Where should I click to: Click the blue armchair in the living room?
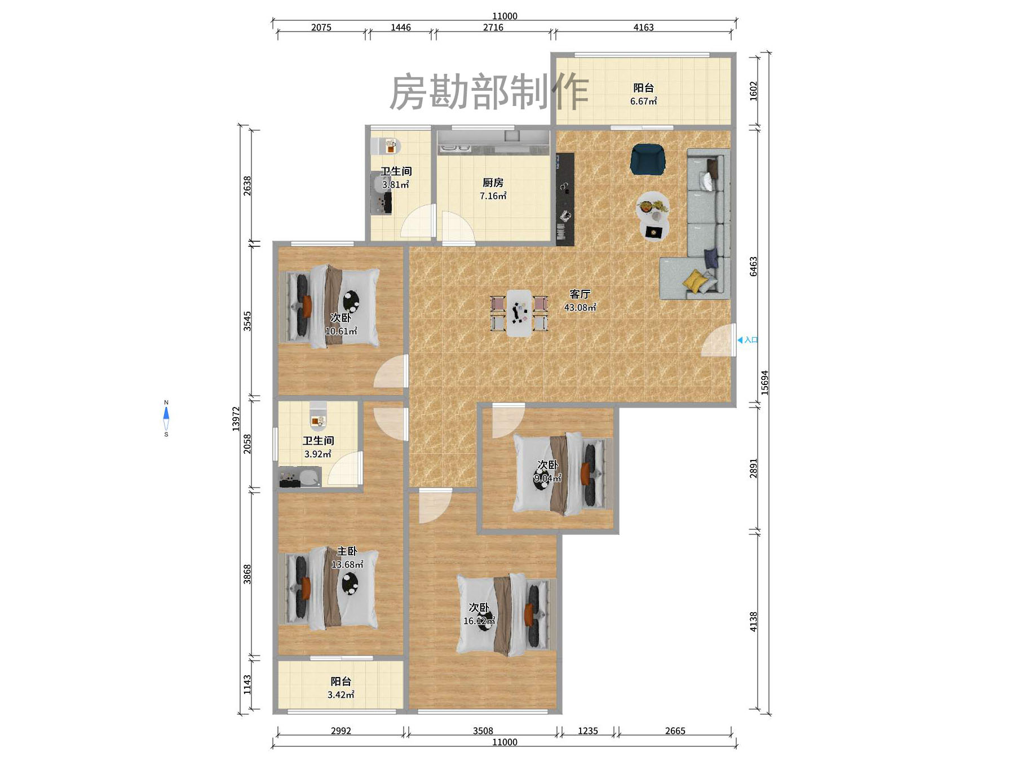pyautogui.click(x=648, y=159)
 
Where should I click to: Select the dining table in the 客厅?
pyautogui.click(x=519, y=313)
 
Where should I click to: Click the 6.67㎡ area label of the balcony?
pyautogui.click(x=643, y=101)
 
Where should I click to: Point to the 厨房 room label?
pyautogui.click(x=493, y=183)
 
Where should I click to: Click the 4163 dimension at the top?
pyautogui.click(x=643, y=27)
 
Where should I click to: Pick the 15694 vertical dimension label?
pyautogui.click(x=765, y=382)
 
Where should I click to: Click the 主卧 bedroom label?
pyautogui.click(x=347, y=551)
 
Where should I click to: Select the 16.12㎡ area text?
pyautogui.click(x=479, y=621)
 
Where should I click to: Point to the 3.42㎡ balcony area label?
pyautogui.click(x=340, y=695)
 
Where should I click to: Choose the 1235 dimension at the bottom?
pyautogui.click(x=587, y=731)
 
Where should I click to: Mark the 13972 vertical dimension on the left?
pyautogui.click(x=236, y=419)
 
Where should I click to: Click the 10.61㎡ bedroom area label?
pyautogui.click(x=340, y=331)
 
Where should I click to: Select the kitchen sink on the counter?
pyautogui.click(x=455, y=148)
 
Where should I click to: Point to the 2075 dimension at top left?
pyautogui.click(x=321, y=27)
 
